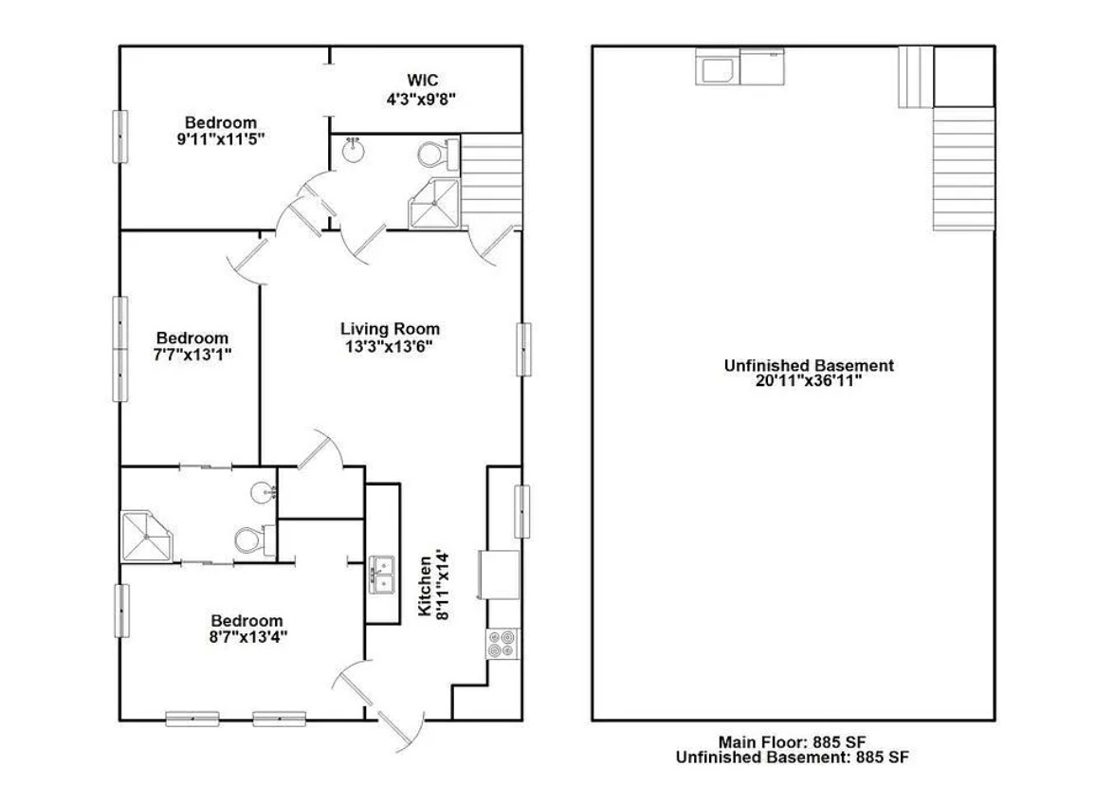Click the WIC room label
(x=423, y=81)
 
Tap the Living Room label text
(x=390, y=329)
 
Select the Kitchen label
(x=425, y=587)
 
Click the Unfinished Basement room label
(x=809, y=365)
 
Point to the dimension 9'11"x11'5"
(x=221, y=139)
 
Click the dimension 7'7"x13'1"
(x=192, y=355)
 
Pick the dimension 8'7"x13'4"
(x=247, y=636)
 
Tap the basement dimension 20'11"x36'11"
(x=809, y=381)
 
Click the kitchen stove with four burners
(x=502, y=644)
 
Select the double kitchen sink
(x=381, y=575)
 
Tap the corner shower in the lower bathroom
(x=147, y=536)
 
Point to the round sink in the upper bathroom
(x=353, y=150)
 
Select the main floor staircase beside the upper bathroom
(x=491, y=180)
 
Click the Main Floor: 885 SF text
(x=792, y=741)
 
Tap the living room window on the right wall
(x=523, y=349)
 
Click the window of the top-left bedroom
(x=120, y=137)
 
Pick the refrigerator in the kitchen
(x=499, y=575)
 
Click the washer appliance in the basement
(x=717, y=67)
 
